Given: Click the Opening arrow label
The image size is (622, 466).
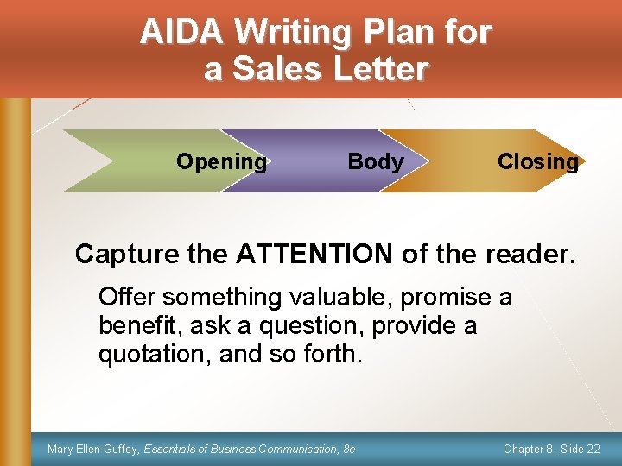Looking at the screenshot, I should click(221, 161).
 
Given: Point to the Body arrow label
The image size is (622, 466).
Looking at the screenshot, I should click(376, 161).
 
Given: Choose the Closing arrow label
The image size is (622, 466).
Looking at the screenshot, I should click(537, 161).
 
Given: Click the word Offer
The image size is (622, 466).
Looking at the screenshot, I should click(127, 297).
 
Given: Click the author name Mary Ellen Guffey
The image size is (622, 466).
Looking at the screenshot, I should click(93, 449).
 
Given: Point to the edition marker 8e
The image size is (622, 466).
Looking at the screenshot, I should click(349, 449).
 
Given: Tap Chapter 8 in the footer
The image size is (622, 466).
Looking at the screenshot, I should click(524, 449).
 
